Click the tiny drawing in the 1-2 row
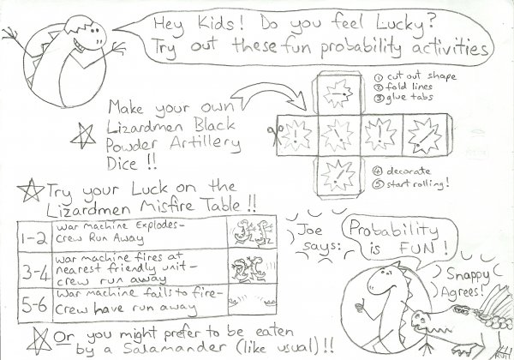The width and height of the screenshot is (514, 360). tap(254, 233)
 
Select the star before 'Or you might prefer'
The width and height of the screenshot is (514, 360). tap(39, 331)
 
